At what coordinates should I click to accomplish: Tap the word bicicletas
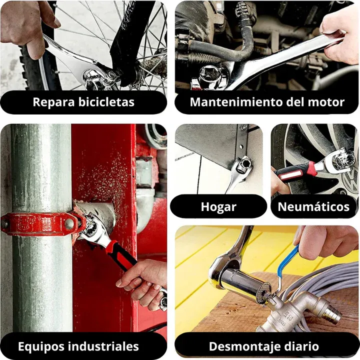106,102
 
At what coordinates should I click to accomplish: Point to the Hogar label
218,206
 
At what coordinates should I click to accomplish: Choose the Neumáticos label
313,206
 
